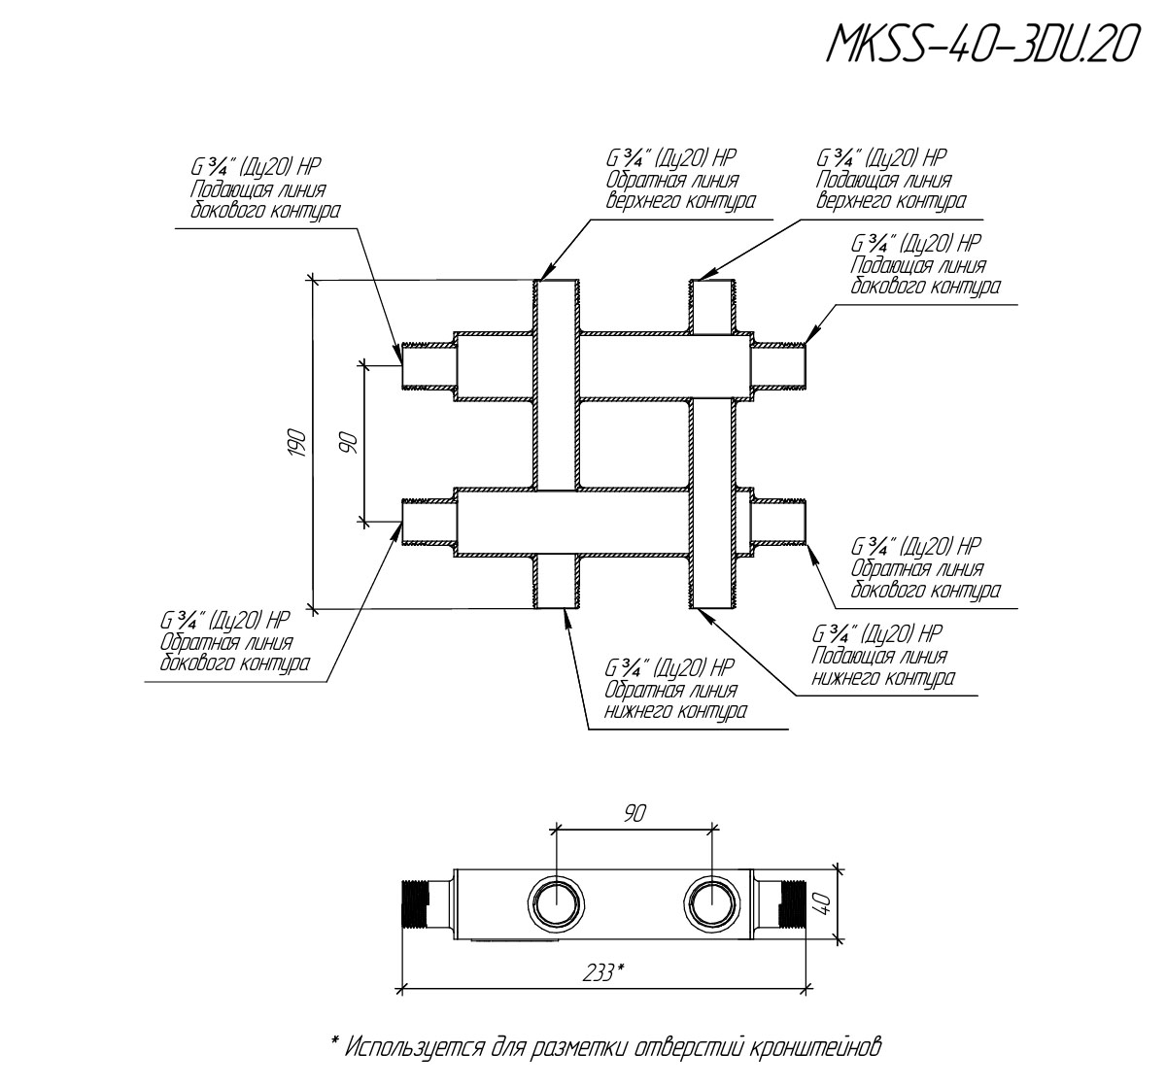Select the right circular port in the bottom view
712,902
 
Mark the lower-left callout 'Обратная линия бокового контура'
236,642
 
